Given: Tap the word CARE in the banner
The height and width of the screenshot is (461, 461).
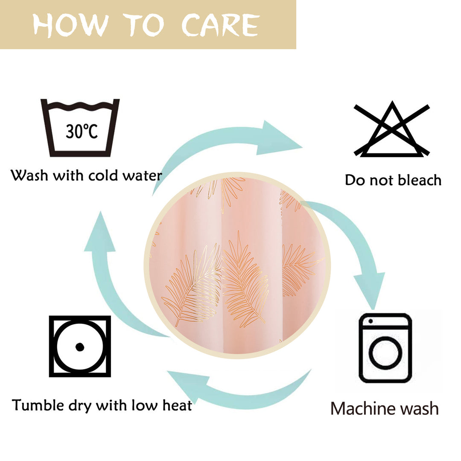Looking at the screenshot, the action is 221,25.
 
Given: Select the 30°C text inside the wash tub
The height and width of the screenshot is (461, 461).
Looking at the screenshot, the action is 82,131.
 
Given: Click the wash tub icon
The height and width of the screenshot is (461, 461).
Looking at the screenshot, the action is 80,128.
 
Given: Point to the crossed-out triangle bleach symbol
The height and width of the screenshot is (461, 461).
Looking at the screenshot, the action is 391,129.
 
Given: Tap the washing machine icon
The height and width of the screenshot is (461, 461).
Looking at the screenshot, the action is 385,348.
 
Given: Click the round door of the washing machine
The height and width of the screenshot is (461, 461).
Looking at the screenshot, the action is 385,352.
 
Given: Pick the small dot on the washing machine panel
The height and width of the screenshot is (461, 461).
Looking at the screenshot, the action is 371,321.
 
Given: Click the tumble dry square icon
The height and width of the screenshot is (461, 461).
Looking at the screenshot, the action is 80,346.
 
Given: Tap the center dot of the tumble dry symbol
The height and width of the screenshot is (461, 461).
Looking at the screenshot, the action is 80,347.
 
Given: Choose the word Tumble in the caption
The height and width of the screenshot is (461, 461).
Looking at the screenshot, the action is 38,405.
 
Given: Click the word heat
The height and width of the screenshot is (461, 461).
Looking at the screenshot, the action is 177,405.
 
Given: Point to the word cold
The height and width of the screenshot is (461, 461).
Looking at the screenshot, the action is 103,175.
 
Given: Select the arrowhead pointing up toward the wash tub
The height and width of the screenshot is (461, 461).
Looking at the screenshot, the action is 100,232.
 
